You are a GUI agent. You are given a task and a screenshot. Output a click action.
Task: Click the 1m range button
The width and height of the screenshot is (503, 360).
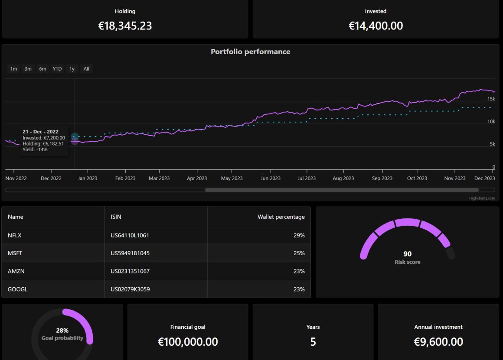[14, 69]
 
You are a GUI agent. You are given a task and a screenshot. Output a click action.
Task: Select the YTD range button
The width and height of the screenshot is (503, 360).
[57, 69]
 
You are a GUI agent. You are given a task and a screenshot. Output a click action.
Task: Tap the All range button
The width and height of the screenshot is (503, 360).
[86, 69]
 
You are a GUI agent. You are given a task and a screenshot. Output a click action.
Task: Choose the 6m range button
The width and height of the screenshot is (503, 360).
[42, 69]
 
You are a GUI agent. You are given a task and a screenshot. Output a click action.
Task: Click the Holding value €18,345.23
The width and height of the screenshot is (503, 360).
[125, 26]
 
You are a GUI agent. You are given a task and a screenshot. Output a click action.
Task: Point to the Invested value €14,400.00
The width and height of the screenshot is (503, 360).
[376, 26]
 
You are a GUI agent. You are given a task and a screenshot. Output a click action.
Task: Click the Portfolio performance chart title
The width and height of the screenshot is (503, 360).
[250, 52]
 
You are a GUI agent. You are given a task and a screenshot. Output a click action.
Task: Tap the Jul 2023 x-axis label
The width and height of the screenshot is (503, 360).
[307, 178]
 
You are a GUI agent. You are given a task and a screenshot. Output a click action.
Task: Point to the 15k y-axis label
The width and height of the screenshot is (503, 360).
[491, 99]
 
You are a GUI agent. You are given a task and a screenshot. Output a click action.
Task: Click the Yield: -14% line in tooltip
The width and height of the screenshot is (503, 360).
[35, 149]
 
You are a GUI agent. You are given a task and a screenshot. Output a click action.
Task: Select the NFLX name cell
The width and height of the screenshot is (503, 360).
[15, 235]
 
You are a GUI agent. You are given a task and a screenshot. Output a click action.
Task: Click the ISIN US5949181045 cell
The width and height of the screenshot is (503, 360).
[130, 253]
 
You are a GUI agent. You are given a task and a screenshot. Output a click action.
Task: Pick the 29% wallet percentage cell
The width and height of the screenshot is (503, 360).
[299, 235]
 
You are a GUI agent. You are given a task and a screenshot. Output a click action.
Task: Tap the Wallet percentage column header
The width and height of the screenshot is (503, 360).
[281, 217]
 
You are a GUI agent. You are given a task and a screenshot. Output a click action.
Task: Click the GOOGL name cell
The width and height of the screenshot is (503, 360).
[17, 289]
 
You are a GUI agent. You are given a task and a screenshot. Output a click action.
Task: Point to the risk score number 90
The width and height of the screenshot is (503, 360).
[407, 254]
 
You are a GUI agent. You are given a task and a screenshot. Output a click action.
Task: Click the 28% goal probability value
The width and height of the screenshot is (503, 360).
[62, 331]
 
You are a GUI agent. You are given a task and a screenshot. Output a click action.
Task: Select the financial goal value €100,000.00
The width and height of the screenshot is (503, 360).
[188, 342]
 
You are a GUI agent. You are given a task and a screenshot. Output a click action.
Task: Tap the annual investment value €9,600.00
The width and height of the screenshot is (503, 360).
[438, 342]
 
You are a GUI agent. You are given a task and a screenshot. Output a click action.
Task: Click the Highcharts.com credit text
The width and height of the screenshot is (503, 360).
[481, 198]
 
